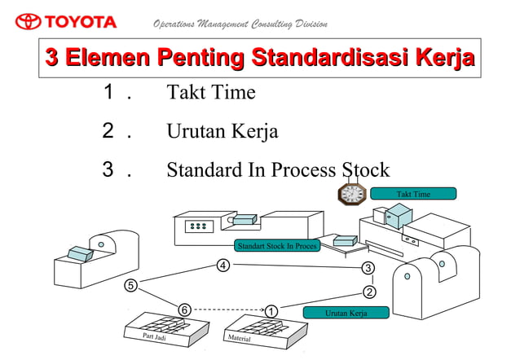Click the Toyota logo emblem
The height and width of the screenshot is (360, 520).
point(28,21)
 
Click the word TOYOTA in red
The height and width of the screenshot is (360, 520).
point(81,21)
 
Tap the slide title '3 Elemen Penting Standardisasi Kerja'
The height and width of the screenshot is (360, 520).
point(260,59)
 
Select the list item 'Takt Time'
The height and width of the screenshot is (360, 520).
point(211,93)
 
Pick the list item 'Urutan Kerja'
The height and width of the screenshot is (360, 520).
point(222,131)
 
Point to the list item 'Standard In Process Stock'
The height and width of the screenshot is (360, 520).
point(278,170)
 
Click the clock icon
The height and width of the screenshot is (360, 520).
point(352,194)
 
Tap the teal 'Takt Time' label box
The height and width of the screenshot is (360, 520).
point(412,194)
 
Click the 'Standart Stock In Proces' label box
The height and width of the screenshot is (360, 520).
point(276,245)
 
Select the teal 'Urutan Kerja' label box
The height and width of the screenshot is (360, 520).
point(346,313)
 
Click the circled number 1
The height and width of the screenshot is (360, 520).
point(271,310)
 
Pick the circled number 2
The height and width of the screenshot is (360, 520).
point(369,292)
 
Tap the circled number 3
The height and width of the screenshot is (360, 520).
point(368,269)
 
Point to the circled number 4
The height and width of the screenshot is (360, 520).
point(223,266)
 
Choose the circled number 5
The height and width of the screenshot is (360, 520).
point(130,285)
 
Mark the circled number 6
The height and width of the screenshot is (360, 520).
point(185,310)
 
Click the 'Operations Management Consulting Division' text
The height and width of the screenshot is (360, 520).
point(240,23)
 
